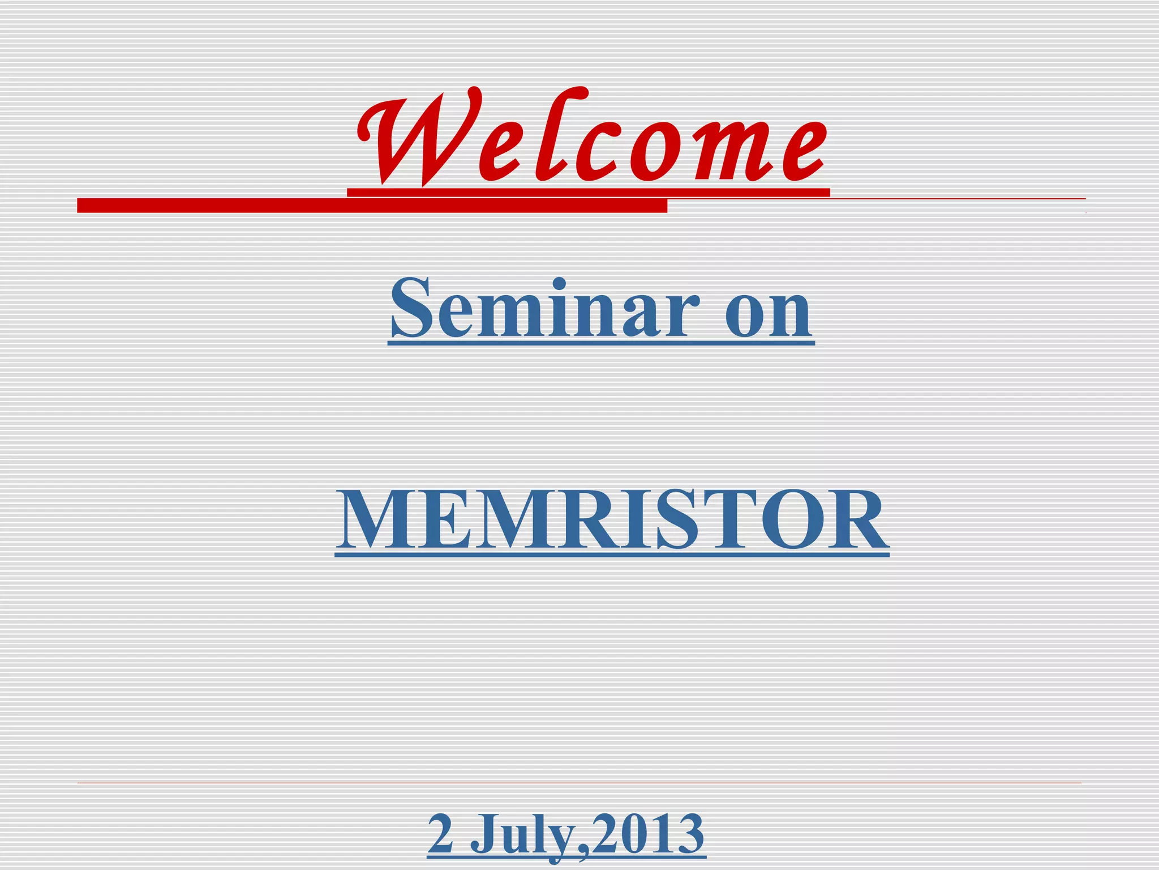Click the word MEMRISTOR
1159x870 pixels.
click(x=612, y=521)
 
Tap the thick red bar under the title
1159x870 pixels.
click(x=372, y=206)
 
